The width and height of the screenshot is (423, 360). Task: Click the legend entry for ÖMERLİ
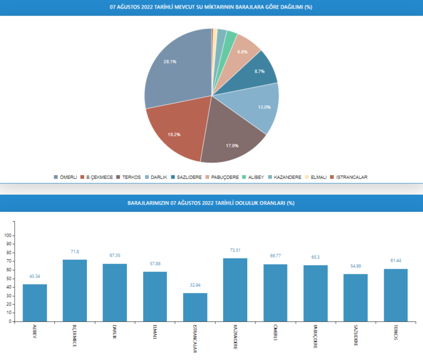point(66,177)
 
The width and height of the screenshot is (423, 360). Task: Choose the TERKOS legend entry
point(128,177)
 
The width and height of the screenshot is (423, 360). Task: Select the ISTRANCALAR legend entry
point(351,177)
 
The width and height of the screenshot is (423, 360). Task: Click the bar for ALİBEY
point(35,303)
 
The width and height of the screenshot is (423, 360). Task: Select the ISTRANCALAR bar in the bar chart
point(195,307)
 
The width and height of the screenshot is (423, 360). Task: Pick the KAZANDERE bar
point(235,290)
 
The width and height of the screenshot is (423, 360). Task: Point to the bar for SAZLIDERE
point(355,298)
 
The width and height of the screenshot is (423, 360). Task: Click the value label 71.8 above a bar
point(75,251)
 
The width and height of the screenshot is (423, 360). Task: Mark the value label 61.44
point(395,260)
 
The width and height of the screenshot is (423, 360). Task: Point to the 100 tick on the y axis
point(8,236)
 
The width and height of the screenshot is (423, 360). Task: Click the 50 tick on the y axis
point(9,278)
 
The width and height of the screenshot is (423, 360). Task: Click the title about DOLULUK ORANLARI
point(211,203)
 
